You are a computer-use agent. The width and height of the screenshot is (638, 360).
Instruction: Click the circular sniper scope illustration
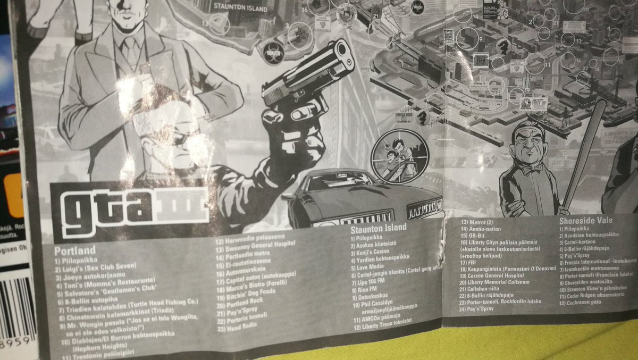click(399, 155)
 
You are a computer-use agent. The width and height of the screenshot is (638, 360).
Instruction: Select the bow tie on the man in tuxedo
click(531, 170)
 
